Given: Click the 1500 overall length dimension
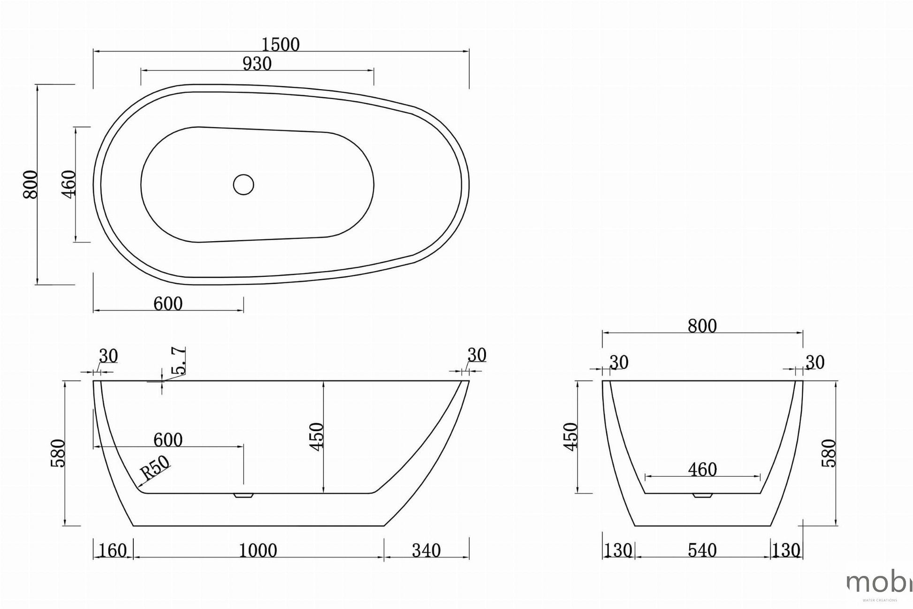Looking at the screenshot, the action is [x=280, y=45].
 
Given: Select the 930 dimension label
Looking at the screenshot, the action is [x=257, y=64].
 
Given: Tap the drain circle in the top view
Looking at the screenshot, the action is [x=243, y=184].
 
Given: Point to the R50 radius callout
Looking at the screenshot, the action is [x=155, y=467].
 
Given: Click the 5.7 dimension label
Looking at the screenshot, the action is [x=179, y=361].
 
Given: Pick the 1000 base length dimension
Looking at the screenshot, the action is [x=258, y=550].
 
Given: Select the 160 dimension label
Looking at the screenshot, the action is [x=113, y=550].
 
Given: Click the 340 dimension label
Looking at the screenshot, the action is [x=426, y=550].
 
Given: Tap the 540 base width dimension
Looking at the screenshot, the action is [x=702, y=550].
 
